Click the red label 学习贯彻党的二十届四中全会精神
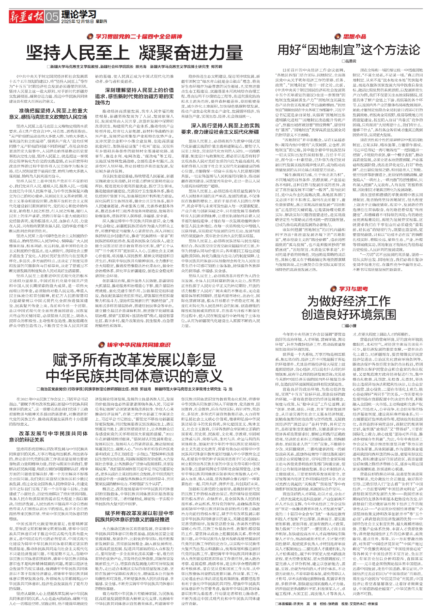pos(138,36)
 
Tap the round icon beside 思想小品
pos(337,36)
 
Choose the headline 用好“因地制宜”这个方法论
pos(349,50)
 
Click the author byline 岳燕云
pos(350,61)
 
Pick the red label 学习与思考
pos(353,289)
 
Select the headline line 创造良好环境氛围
pos(349,314)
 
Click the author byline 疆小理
pos(350,326)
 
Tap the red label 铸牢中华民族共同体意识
pos(138,345)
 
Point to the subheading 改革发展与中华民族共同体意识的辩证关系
pos(49,436)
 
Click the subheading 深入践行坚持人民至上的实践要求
pos(220,129)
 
